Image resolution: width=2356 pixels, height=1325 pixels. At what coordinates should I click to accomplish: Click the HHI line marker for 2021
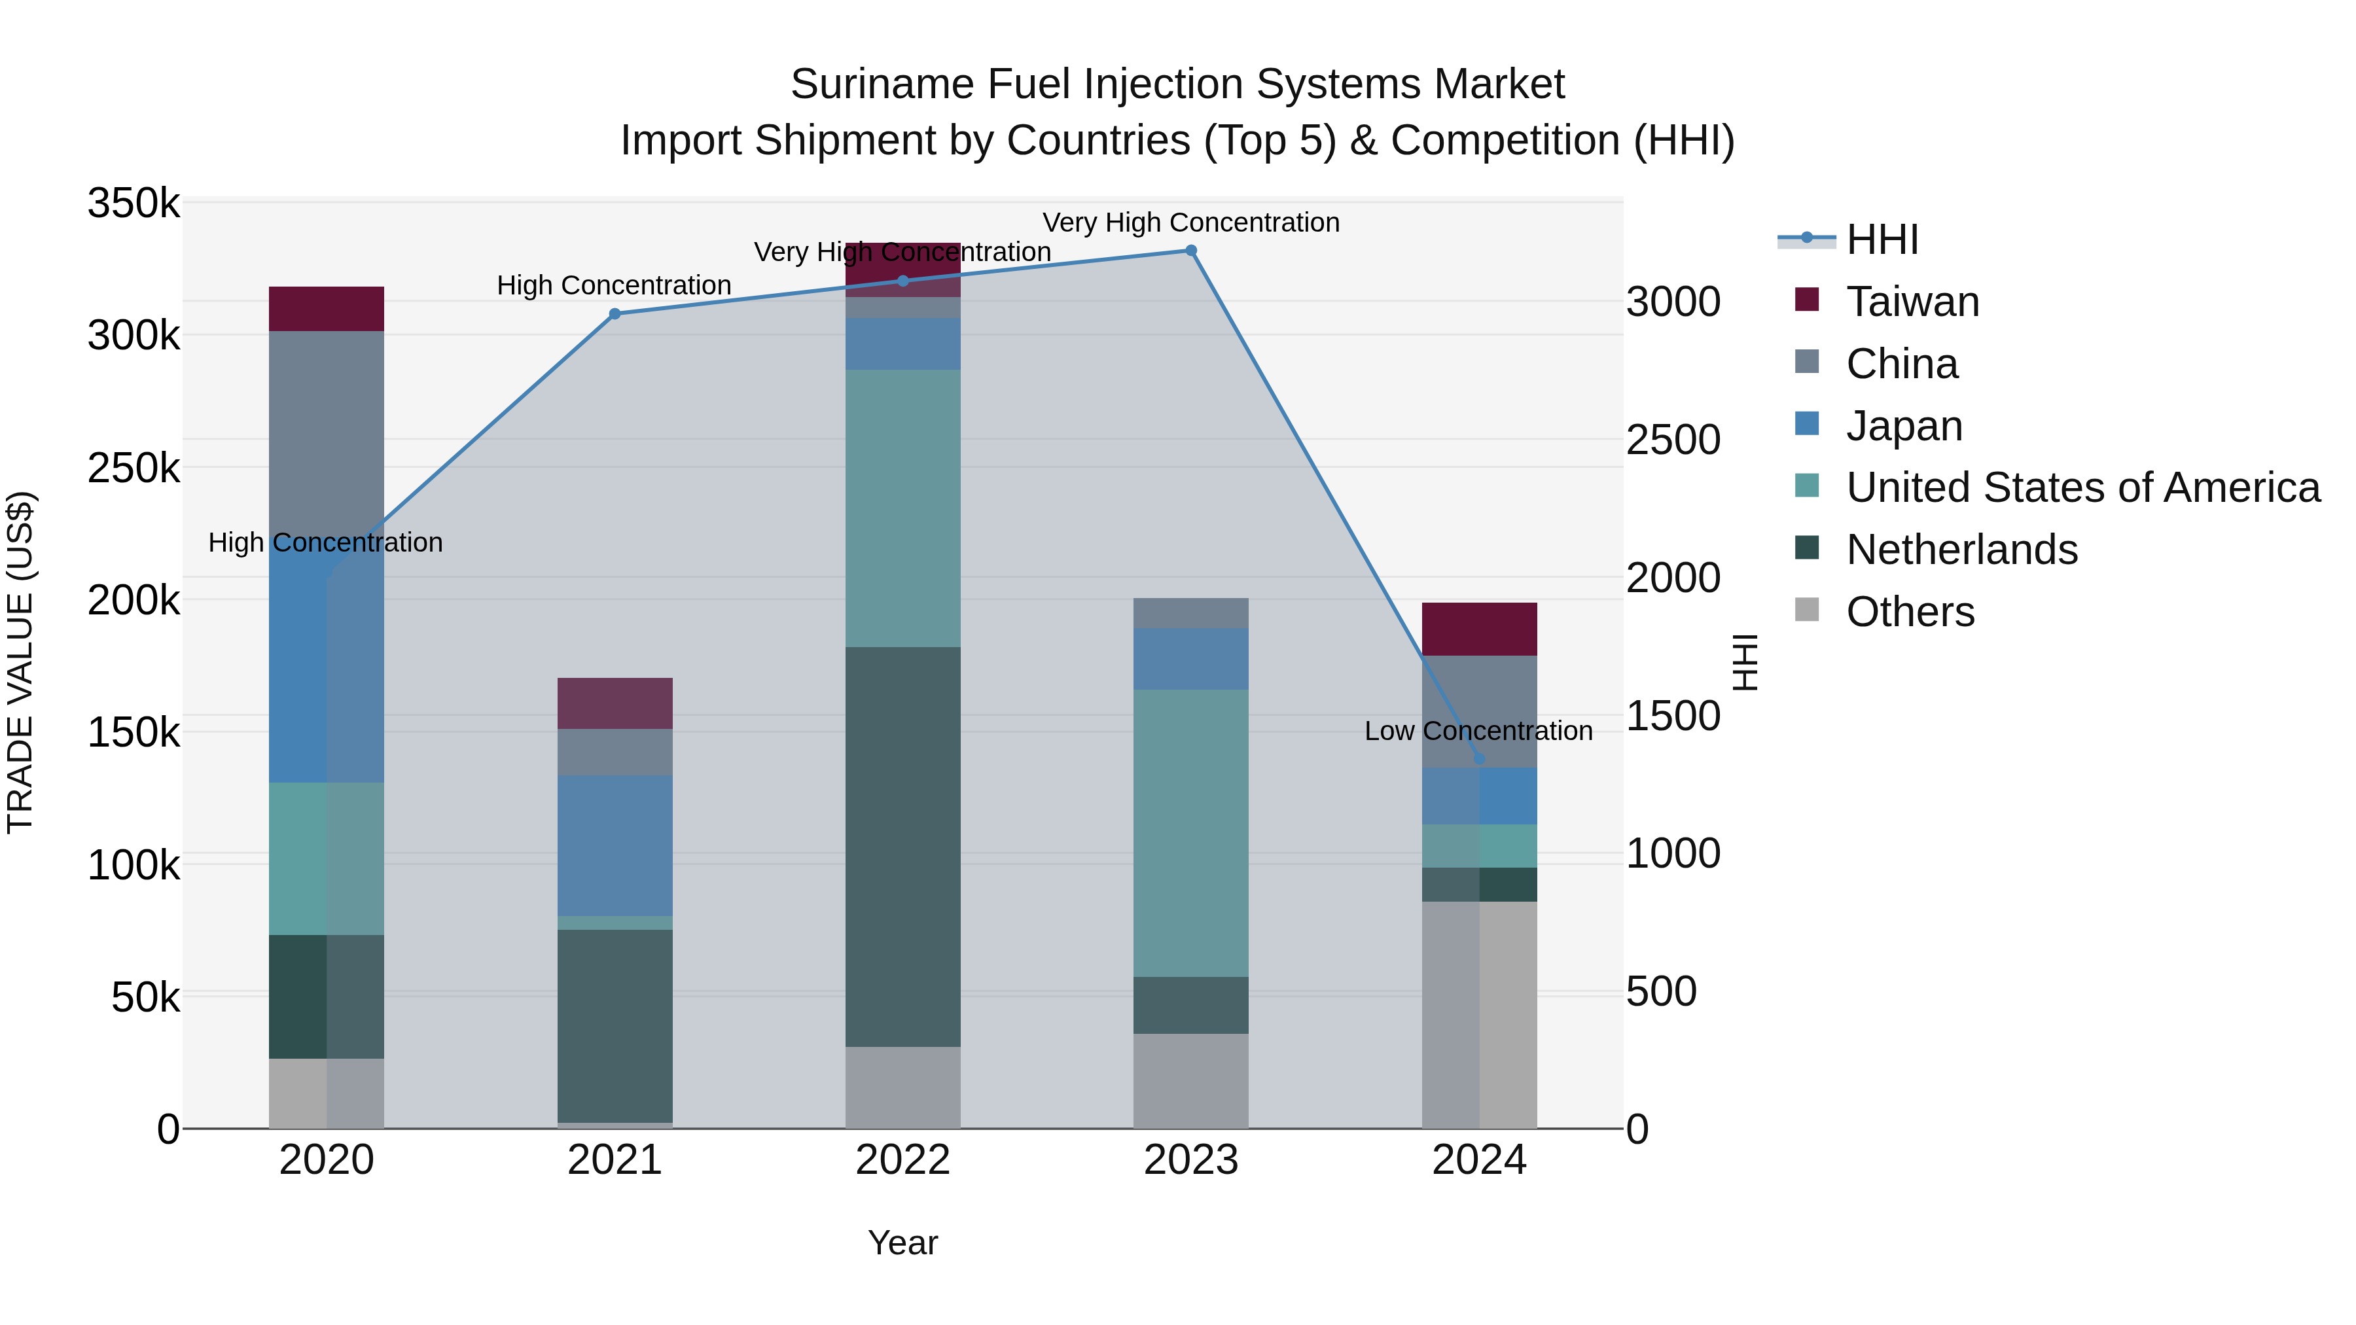pyautogui.click(x=615, y=313)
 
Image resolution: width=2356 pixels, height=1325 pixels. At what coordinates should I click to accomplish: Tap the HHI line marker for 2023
pyautogui.click(x=1191, y=251)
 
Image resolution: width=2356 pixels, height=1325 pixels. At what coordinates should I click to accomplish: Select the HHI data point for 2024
pyautogui.click(x=1479, y=759)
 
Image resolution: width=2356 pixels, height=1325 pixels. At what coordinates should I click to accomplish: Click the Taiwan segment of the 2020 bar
pyautogui.click(x=327, y=309)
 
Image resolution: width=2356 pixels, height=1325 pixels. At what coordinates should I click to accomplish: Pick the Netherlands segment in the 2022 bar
pyautogui.click(x=902, y=846)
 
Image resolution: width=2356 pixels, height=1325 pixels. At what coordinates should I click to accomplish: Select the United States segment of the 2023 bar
pyautogui.click(x=1191, y=832)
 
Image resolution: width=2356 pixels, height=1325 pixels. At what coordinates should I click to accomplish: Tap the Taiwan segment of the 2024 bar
pyautogui.click(x=1479, y=629)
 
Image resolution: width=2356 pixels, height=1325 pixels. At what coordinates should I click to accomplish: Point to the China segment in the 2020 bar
pyautogui.click(x=327, y=430)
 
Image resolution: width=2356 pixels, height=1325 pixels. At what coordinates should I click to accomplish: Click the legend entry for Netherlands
pyautogui.click(x=1962, y=550)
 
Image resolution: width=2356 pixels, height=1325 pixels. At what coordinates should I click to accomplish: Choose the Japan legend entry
pyautogui.click(x=1904, y=426)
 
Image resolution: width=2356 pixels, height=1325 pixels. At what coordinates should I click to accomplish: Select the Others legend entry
pyautogui.click(x=1910, y=612)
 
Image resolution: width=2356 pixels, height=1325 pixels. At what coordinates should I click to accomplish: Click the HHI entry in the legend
pyautogui.click(x=1882, y=239)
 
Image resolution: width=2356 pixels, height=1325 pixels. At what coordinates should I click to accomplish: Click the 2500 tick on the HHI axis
pyautogui.click(x=1673, y=440)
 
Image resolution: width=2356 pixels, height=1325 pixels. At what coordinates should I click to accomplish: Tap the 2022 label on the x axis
pyautogui.click(x=902, y=1160)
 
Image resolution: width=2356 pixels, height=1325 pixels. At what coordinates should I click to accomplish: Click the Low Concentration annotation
pyautogui.click(x=1478, y=732)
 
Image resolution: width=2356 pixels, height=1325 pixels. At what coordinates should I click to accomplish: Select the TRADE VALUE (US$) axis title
pyautogui.click(x=20, y=662)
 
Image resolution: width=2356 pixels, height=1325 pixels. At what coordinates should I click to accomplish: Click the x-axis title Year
pyautogui.click(x=902, y=1243)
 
